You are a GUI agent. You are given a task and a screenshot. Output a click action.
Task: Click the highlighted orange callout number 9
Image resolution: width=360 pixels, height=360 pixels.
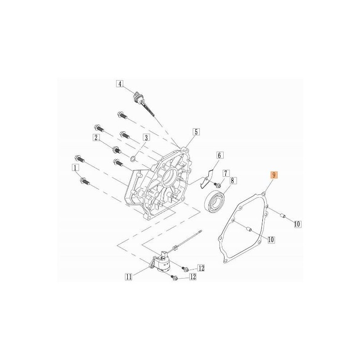coord(274,175)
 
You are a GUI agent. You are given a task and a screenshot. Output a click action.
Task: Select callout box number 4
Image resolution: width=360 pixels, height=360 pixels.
coord(120,84)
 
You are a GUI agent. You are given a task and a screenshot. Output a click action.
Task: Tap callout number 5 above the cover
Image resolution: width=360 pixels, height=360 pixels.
coord(196,132)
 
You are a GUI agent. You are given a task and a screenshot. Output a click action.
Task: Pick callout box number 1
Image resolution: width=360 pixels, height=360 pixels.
coord(75,167)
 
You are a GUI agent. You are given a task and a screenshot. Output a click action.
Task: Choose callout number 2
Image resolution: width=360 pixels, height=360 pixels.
coord(96,137)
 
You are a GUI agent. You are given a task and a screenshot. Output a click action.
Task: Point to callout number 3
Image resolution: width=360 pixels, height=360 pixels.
coord(146,137)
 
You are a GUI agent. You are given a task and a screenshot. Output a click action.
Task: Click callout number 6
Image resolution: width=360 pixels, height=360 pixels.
coord(219,155)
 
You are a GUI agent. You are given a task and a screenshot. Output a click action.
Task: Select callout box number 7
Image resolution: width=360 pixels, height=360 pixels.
coord(226,173)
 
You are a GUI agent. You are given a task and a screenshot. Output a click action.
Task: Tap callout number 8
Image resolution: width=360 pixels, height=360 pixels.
coord(232,181)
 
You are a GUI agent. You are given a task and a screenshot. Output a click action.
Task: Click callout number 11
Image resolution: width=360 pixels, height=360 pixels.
coord(129,277)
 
